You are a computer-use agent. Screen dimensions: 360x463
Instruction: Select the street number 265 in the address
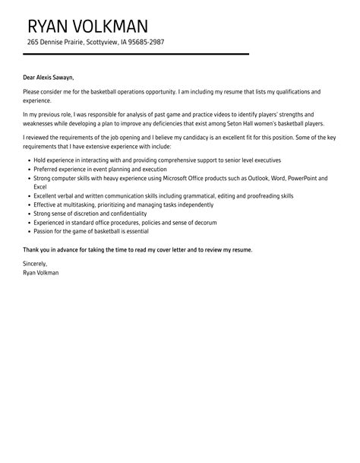(x=33, y=43)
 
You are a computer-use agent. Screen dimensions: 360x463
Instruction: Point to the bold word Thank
(x=33, y=250)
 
